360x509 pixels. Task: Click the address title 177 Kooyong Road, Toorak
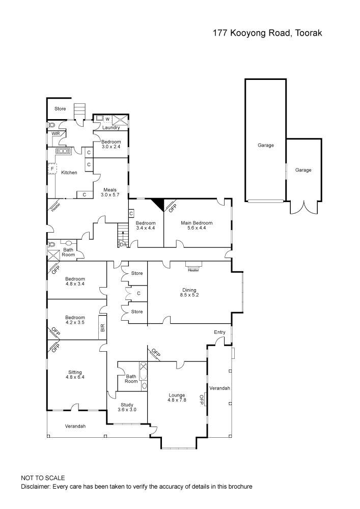267,33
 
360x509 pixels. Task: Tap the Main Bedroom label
196,223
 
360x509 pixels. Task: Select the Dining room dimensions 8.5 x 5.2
188,295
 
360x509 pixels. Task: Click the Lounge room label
177,395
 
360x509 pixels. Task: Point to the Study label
127,405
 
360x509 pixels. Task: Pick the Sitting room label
74,372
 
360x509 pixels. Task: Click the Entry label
219,332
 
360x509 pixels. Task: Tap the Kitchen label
69,173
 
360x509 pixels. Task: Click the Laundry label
110,128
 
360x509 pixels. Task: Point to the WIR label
55,134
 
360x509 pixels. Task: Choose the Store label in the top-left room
61,108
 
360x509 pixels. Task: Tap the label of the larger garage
265,145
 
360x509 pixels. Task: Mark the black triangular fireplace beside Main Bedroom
159,204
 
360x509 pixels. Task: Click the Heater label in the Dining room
193,270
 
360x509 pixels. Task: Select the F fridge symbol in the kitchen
51,168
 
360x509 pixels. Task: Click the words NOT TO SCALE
43,478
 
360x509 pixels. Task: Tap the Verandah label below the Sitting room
75,426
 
